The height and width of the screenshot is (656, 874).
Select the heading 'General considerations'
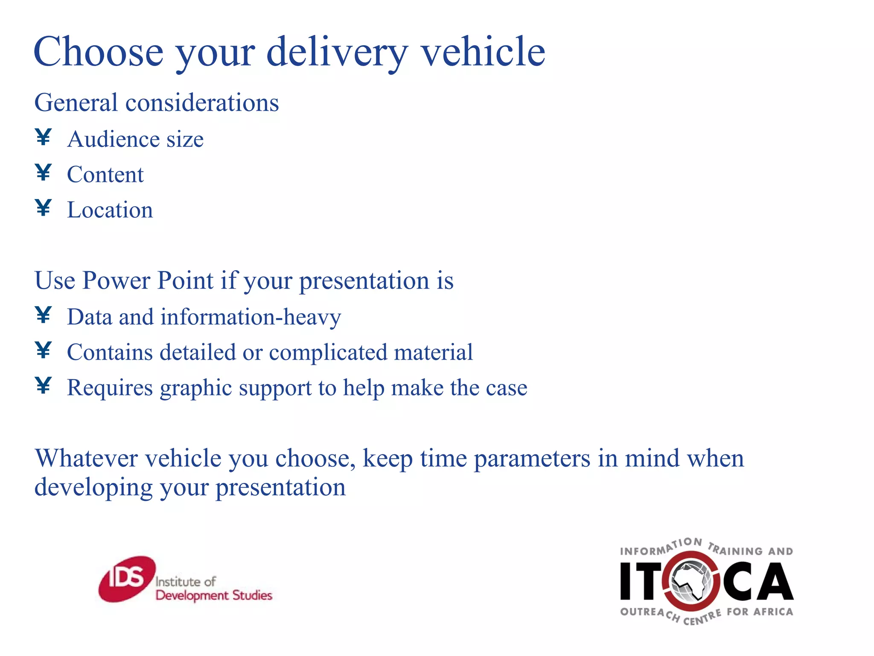click(x=156, y=103)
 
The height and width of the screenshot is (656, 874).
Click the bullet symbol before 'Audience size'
click(x=44, y=138)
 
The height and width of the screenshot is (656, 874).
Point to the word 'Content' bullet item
click(x=105, y=175)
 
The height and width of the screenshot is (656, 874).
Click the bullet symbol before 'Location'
click(x=44, y=208)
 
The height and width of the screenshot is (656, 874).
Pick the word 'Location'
click(x=110, y=210)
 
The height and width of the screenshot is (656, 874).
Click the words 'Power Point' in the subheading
click(x=148, y=281)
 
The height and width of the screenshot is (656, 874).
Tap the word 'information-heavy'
click(x=251, y=317)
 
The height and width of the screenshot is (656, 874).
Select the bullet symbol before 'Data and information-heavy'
click(x=44, y=315)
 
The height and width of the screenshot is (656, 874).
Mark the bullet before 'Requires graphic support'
click(x=44, y=386)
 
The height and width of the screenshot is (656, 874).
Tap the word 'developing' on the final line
click(x=93, y=488)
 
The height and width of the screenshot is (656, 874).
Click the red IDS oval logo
click(x=126, y=579)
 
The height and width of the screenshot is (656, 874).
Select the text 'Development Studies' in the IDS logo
click(x=214, y=595)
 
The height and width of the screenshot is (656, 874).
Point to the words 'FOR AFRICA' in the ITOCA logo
click(x=760, y=612)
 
